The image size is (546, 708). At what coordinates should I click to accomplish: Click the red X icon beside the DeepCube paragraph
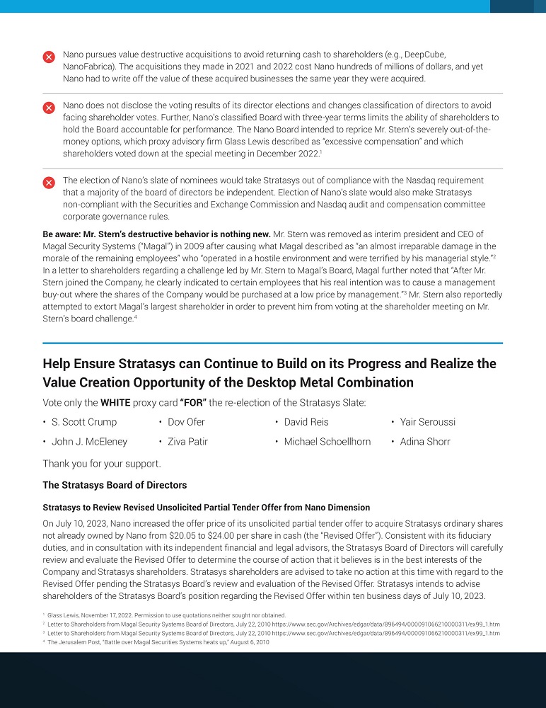(x=49, y=57)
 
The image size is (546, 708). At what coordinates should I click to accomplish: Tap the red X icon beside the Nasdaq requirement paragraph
(x=49, y=183)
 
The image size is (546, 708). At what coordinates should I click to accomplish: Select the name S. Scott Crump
(x=84, y=422)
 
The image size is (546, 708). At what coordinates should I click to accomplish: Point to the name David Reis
(x=306, y=422)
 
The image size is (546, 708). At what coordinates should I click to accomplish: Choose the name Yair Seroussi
(x=427, y=422)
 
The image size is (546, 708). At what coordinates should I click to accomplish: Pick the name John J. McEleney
(x=89, y=442)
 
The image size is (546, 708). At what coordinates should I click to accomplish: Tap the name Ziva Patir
(x=187, y=442)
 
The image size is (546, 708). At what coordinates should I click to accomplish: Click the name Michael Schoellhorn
(x=327, y=442)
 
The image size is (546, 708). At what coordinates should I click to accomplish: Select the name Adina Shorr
(x=426, y=442)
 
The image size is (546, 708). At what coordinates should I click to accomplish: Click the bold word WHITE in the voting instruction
(x=116, y=402)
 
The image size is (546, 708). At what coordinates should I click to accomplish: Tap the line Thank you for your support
(x=102, y=464)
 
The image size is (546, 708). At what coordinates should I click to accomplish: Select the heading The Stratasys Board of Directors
(x=115, y=485)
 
